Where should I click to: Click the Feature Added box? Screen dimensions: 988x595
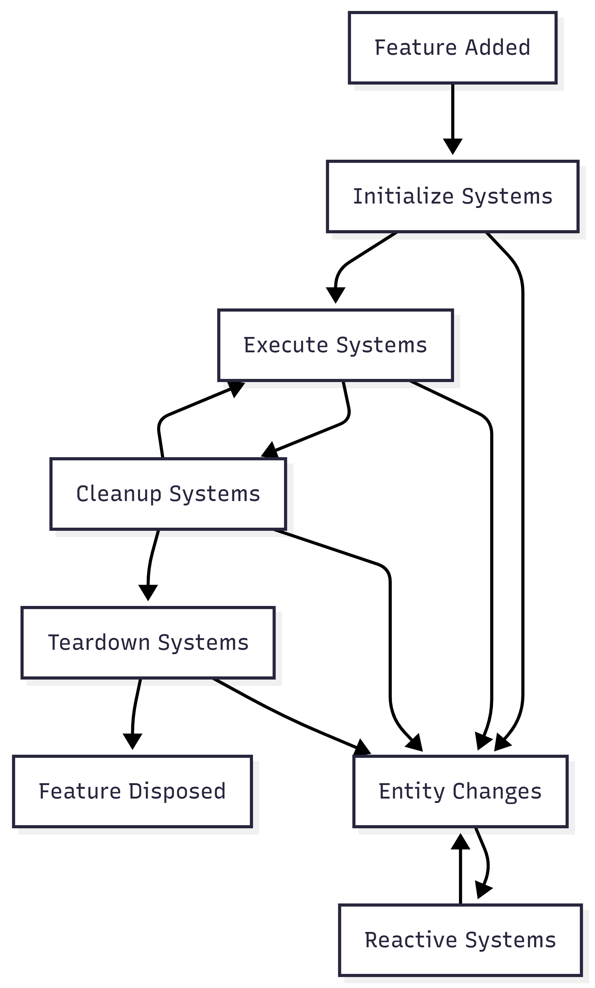pyautogui.click(x=452, y=48)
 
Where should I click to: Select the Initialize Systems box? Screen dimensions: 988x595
pyautogui.click(x=452, y=196)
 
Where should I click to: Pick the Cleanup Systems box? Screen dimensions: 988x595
pyautogui.click(x=168, y=494)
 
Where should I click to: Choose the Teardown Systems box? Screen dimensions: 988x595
pyautogui.click(x=148, y=643)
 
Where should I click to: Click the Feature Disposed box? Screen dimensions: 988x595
pyautogui.click(x=132, y=791)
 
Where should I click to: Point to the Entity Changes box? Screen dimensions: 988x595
pyautogui.click(x=460, y=791)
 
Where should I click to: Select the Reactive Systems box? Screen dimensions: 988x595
pyautogui.click(x=460, y=940)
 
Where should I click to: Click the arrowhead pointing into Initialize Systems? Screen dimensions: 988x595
pyautogui.click(x=453, y=146)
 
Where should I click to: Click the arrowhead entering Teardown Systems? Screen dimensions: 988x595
pyautogui.click(x=148, y=592)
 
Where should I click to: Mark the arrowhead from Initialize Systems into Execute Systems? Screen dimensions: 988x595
pyautogui.click(x=336, y=295)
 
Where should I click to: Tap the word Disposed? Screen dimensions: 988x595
pyautogui.click(x=177, y=791)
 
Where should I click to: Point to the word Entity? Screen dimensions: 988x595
pyautogui.click(x=412, y=791)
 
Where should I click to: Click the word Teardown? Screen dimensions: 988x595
pyautogui.click(x=99, y=643)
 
